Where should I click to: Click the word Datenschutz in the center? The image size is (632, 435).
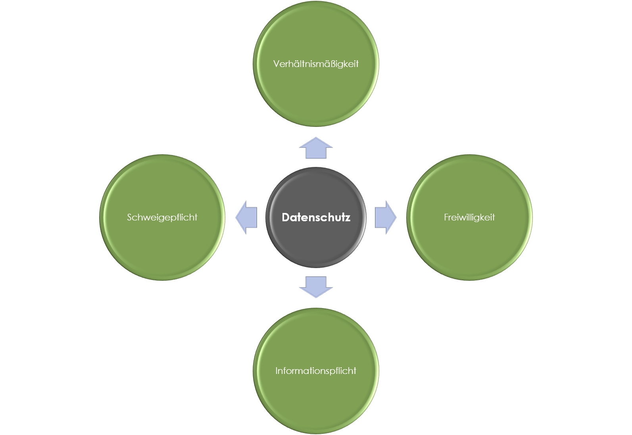pos(316,217)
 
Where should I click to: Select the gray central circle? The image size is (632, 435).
pos(316,242)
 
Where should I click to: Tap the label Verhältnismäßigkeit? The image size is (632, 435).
pos(316,64)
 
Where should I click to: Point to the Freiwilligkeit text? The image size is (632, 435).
pos(469,217)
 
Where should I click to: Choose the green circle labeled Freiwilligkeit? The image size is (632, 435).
pos(469,250)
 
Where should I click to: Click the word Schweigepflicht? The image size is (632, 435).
pos(162,217)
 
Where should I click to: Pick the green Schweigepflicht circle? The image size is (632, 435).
pos(162,250)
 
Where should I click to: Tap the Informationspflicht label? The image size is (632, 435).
pos(316,371)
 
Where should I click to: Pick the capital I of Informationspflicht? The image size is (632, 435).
pos(277,371)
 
